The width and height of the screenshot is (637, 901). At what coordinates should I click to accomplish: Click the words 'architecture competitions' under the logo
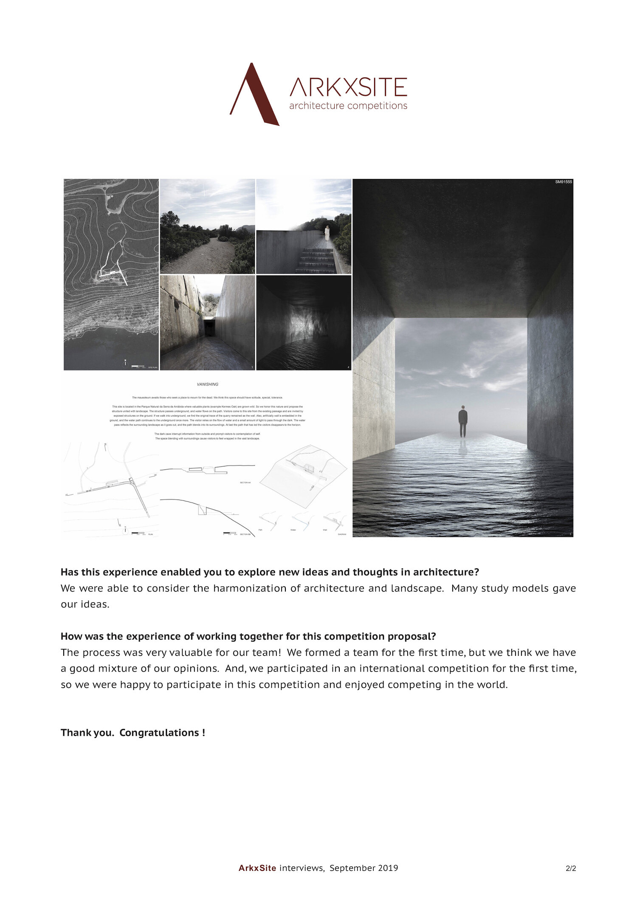tap(348, 106)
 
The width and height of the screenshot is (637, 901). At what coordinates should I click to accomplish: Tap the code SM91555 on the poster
tap(563, 182)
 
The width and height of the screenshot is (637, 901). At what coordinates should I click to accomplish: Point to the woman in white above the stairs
tap(327, 233)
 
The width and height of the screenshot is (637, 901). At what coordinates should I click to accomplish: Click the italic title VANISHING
tap(207, 384)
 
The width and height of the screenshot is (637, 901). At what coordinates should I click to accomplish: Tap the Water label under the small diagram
tap(293, 530)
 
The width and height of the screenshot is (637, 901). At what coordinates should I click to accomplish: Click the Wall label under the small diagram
tap(325, 530)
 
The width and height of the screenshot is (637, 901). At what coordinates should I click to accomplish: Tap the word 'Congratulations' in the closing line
tap(160, 733)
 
